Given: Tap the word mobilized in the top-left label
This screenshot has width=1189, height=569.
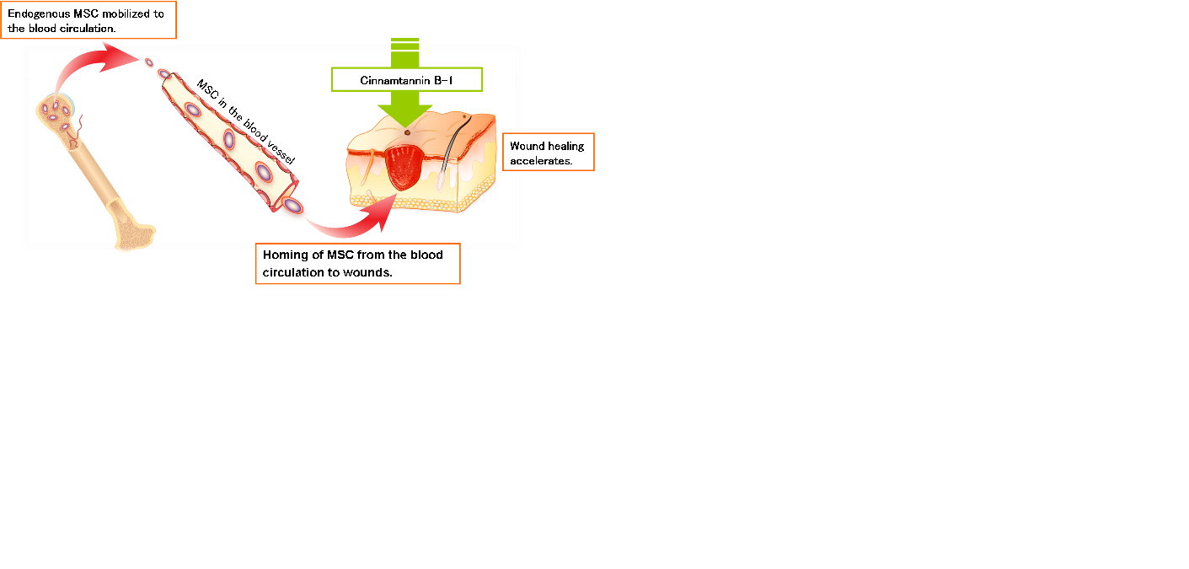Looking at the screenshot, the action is tap(126, 13).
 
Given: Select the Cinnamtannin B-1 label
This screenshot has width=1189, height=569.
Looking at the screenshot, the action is tap(407, 80).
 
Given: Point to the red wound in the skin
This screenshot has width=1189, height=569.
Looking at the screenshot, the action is tap(404, 167).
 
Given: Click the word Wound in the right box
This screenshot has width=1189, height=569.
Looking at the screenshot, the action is tap(528, 146).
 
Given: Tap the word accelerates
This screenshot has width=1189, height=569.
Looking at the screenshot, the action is tap(541, 161).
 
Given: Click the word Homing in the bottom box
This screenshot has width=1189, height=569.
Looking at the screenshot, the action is tap(286, 255).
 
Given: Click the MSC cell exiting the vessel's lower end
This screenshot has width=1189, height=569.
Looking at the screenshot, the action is tap(292, 206).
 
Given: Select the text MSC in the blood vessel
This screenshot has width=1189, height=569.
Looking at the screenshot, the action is tap(246, 122).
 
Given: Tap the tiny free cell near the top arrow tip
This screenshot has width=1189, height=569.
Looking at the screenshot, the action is tap(149, 62).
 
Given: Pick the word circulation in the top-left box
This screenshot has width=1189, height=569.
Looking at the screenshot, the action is tap(87, 29).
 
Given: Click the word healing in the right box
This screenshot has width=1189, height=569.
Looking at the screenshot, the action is tap(566, 147).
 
